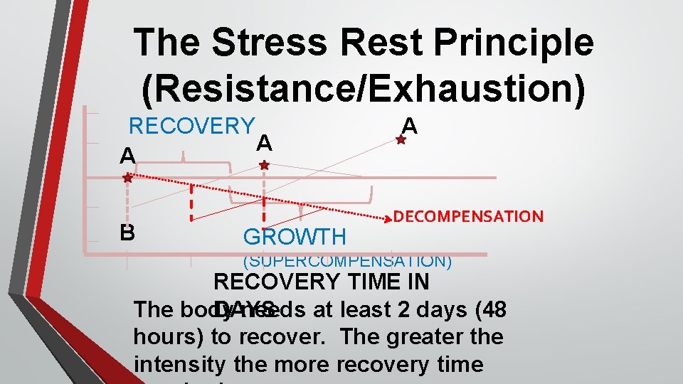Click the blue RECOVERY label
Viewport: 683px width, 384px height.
(x=191, y=127)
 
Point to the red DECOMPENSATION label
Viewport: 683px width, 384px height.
(x=468, y=216)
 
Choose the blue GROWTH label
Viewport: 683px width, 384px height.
(x=295, y=237)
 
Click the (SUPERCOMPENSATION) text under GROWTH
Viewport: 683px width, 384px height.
(x=347, y=261)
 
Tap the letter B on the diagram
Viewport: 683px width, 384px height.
(x=127, y=233)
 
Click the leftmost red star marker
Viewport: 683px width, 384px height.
(x=127, y=178)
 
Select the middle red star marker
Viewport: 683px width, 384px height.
(x=264, y=165)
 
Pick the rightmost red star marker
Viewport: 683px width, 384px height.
(x=401, y=141)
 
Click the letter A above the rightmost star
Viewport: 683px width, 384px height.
(x=409, y=126)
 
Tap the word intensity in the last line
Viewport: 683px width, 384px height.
(x=178, y=364)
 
